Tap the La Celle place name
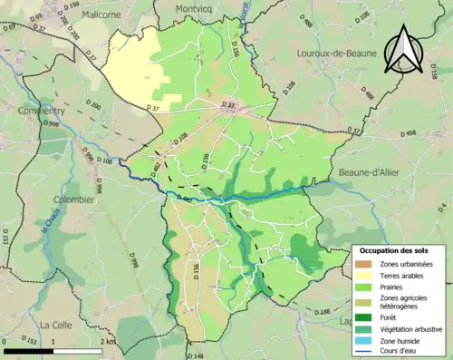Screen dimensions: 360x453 pos(57,323)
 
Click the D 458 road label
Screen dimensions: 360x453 pos(404,133)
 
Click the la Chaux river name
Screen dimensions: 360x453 pos(41,220)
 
